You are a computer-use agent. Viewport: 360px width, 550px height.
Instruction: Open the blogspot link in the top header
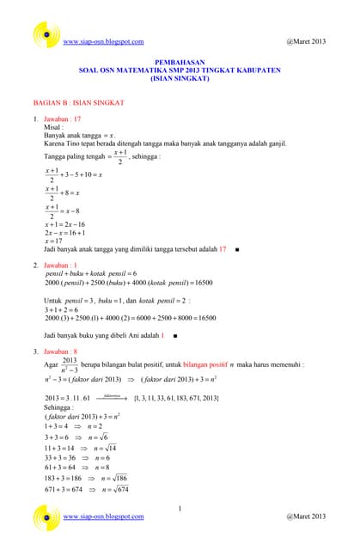click(103, 41)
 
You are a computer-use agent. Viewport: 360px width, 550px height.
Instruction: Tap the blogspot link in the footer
click(103, 516)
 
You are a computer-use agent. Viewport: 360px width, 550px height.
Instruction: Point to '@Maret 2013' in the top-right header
click(305, 41)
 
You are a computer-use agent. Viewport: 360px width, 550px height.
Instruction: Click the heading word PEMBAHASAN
click(180, 63)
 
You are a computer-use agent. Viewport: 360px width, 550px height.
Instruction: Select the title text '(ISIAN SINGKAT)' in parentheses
click(180, 78)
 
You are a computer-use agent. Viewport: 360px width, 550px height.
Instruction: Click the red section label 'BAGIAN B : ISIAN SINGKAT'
click(78, 101)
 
